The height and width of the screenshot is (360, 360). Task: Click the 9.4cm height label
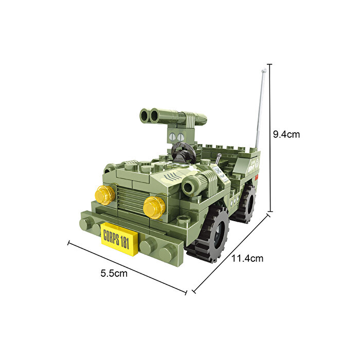(x=286, y=134)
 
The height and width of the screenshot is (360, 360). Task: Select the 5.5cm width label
(x=114, y=273)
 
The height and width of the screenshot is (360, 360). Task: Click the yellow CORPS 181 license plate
(x=120, y=239)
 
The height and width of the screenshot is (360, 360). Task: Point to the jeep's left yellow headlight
(x=104, y=195)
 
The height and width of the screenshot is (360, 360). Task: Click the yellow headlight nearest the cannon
(x=154, y=206)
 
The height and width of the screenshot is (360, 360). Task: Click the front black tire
(x=211, y=234)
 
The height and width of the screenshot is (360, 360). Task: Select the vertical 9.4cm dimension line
(x=269, y=139)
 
